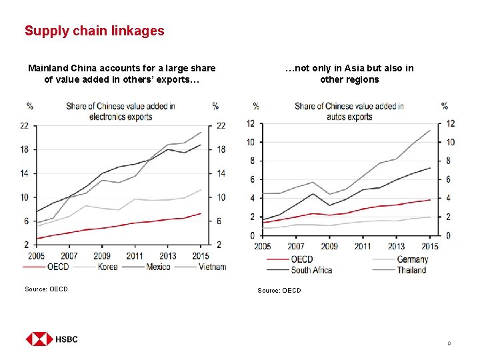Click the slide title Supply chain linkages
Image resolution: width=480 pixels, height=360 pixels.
[94, 31]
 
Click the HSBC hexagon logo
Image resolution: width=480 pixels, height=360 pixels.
[39, 339]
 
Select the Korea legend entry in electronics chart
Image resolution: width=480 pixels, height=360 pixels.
[107, 267]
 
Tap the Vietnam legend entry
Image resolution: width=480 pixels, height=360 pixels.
[212, 267]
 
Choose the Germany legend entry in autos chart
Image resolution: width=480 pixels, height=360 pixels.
[412, 259]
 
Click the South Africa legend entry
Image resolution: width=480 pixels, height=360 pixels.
[311, 270]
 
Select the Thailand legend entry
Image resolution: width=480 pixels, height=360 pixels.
[411, 270]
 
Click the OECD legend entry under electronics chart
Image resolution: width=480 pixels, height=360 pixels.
[57, 267]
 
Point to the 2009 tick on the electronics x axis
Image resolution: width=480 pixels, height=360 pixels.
[101, 255]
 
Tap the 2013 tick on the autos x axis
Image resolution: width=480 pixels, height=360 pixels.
[395, 246]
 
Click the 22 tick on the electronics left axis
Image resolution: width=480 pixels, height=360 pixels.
[24, 125]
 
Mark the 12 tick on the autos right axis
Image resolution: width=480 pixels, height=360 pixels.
[450, 123]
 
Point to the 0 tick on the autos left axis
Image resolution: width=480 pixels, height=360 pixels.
[251, 235]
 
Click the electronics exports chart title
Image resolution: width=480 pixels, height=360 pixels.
[121, 111]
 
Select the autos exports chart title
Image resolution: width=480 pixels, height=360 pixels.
[349, 111]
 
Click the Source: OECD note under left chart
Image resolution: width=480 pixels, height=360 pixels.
[46, 289]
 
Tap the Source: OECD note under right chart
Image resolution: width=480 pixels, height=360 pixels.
[279, 290]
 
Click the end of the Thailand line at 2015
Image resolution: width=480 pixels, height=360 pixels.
[430, 130]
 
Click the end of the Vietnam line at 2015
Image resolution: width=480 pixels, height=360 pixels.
[201, 132]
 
